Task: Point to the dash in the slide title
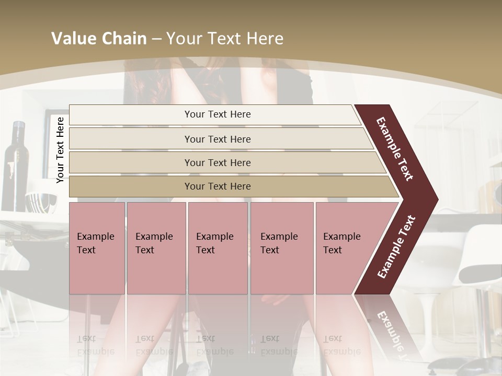[156, 39]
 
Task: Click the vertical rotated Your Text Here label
[60, 150]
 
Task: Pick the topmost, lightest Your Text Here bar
[218, 114]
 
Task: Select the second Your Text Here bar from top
[218, 139]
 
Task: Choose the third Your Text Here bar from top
[218, 163]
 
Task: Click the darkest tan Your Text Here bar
[218, 186]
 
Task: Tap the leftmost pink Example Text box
[97, 248]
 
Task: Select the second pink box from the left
[156, 248]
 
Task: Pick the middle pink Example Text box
[218, 248]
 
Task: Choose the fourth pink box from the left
[282, 248]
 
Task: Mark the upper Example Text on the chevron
[395, 149]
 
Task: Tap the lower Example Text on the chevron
[396, 247]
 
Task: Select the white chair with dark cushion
[476, 261]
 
